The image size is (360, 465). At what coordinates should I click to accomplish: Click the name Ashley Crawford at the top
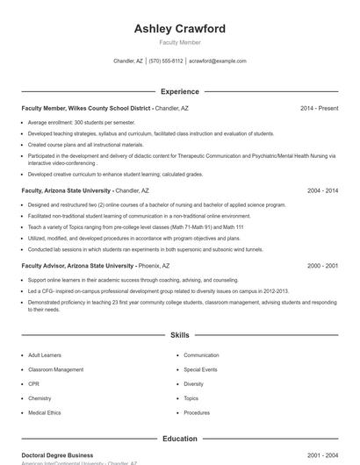tap(179, 29)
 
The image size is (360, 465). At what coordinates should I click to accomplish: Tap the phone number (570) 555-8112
tap(166, 61)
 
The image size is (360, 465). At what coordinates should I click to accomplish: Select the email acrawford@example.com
tap(218, 61)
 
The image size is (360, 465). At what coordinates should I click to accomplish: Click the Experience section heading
tap(179, 91)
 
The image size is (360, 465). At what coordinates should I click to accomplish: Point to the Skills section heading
tap(179, 335)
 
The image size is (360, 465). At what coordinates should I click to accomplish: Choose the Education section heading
tap(179, 438)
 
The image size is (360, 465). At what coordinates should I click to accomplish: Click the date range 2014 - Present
tap(319, 108)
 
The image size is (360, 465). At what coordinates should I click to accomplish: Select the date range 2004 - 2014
tap(322, 190)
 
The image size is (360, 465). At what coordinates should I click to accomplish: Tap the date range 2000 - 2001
tap(322, 265)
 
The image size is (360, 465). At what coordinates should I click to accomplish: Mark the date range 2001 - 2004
tap(322, 455)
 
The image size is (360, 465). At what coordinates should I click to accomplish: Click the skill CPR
tap(33, 383)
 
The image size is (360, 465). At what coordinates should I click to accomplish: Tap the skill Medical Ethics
tap(44, 412)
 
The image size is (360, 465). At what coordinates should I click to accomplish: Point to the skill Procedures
tap(197, 412)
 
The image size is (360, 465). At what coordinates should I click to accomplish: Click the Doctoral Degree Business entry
tap(57, 455)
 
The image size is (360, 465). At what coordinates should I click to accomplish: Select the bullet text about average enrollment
tap(82, 122)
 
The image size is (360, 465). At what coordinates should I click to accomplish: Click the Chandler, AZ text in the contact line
tap(128, 61)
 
